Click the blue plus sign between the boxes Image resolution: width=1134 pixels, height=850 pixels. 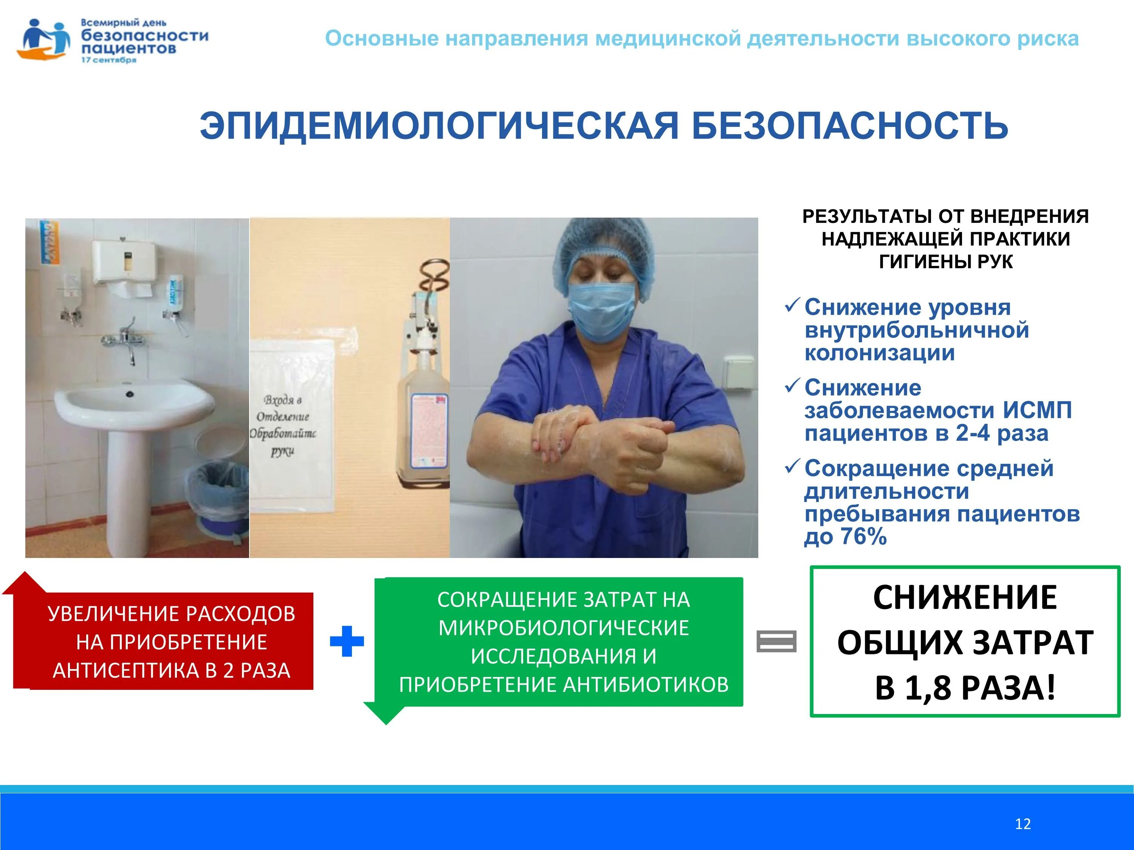[347, 641]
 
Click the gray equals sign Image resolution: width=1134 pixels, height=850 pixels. [776, 641]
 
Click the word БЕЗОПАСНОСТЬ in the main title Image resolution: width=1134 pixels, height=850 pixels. [849, 125]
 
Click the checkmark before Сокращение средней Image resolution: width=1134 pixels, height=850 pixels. [792, 466]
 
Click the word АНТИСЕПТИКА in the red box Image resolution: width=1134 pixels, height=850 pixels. [128, 671]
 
